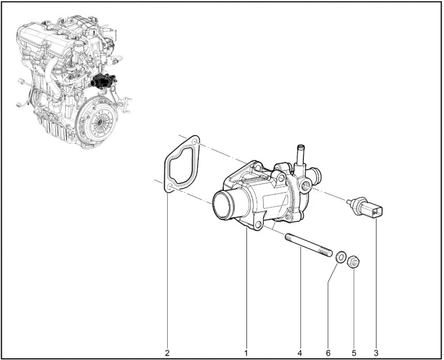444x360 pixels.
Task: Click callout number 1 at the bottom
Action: point(246,353)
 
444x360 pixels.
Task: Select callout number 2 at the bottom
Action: point(167,353)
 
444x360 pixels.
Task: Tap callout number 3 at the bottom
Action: point(376,353)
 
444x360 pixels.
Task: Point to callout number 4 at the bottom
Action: point(300,353)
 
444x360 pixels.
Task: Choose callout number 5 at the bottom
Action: point(354,353)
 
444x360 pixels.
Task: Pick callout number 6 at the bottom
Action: point(328,353)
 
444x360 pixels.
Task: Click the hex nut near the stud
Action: point(353,262)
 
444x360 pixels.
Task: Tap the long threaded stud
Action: point(308,245)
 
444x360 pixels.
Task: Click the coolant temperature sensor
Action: point(365,207)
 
